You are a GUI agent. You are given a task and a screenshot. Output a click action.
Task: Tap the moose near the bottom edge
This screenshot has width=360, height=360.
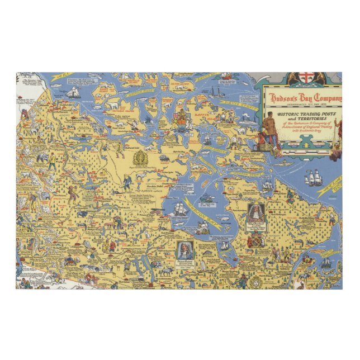point(167,272)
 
